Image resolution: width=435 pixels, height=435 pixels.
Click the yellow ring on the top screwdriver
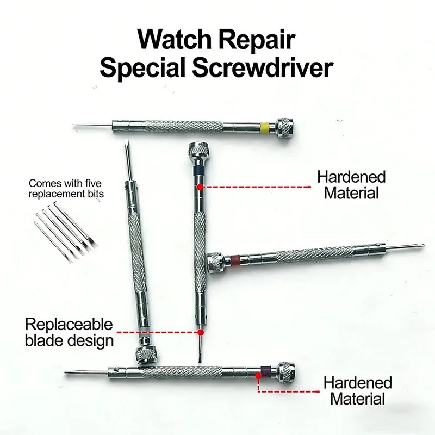265,127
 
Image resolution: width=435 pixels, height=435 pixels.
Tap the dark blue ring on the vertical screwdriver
198,169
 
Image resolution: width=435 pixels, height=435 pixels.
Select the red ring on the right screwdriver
235,260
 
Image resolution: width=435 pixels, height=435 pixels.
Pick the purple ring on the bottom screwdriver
266,371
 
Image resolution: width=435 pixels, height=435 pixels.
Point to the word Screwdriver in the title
263,68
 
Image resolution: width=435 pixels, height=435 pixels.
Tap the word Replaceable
69,325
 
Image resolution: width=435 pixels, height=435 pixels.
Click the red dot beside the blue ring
200,187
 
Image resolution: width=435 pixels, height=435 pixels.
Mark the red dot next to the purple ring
258,376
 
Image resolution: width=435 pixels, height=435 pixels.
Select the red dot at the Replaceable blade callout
201,332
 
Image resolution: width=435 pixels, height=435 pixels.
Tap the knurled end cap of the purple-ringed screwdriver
286,372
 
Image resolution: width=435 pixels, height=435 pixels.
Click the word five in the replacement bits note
93,183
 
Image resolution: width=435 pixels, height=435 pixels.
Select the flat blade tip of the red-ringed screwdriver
422,245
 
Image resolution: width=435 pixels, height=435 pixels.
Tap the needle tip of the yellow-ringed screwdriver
73,125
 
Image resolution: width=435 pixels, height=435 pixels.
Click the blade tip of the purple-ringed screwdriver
66,372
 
